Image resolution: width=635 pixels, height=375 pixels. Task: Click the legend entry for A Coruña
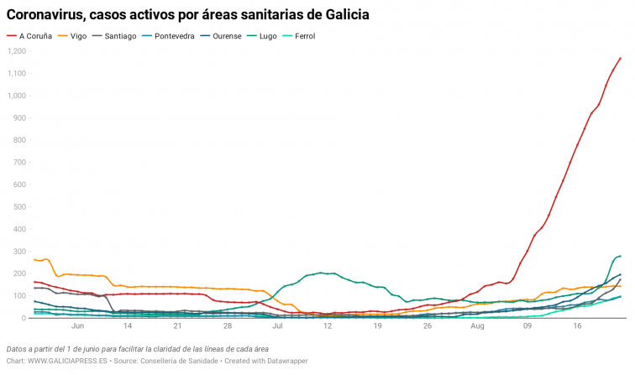tap(38, 36)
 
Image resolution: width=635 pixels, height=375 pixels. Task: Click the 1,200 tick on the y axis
tap(16, 51)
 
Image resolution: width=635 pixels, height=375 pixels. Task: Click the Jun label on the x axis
tap(78, 328)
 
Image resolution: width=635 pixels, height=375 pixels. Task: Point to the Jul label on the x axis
tap(277, 328)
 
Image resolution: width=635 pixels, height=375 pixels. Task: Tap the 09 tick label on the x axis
tap(527, 328)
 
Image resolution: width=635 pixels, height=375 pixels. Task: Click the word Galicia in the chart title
tap(340, 14)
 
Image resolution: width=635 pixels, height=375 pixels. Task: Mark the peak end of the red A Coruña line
tap(620, 58)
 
